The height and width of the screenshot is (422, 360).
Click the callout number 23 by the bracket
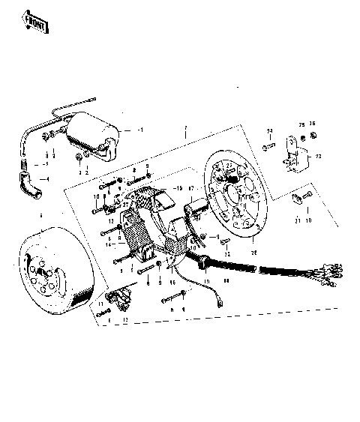pyautogui.click(x=317, y=157)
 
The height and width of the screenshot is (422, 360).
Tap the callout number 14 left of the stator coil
pyautogui.click(x=108, y=244)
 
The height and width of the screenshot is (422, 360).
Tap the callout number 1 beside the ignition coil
pyautogui.click(x=140, y=128)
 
